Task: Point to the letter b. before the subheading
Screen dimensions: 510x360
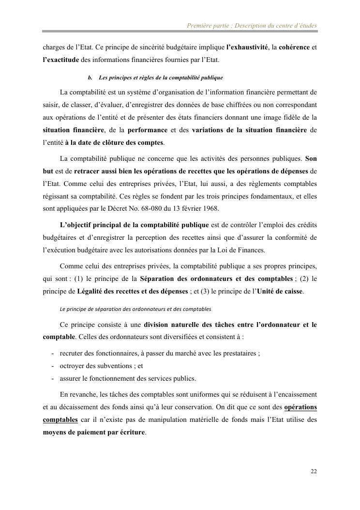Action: pos(90,77)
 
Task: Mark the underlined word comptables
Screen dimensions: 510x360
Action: pos(60,419)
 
